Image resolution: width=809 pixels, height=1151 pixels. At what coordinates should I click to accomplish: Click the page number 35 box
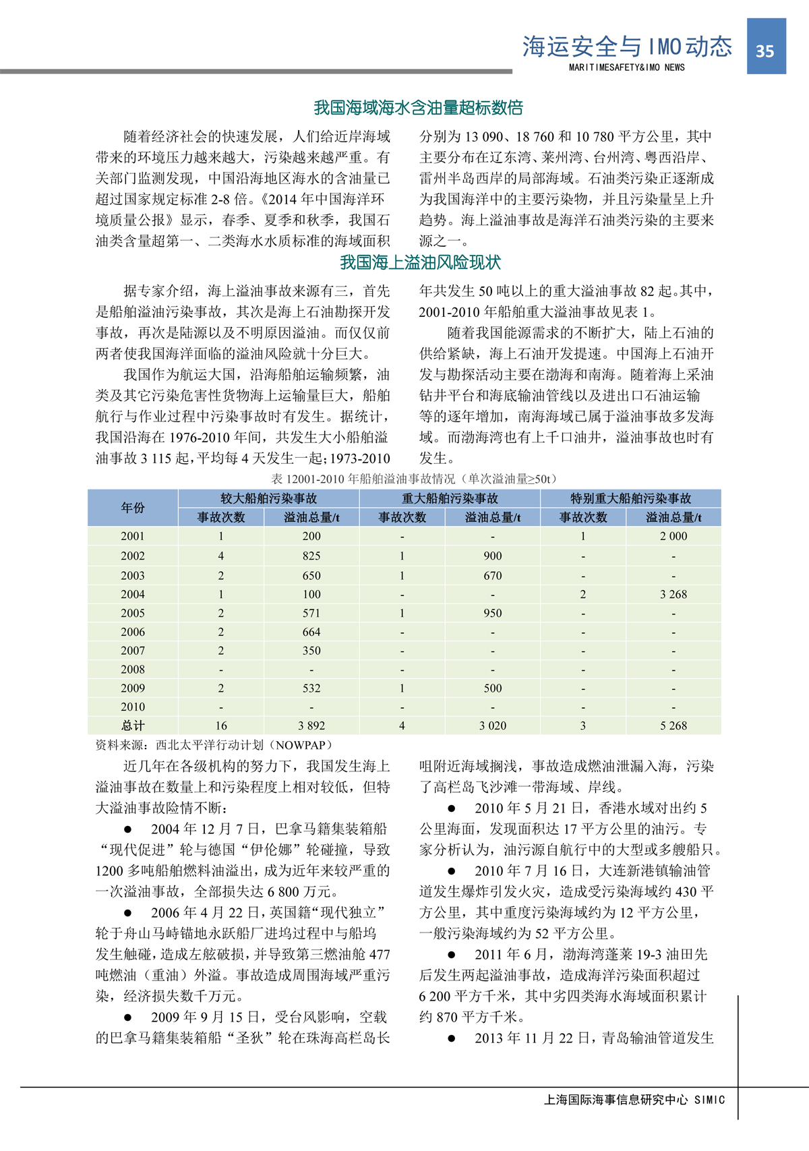(x=766, y=47)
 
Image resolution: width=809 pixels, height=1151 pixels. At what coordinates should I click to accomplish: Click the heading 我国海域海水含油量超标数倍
(x=418, y=108)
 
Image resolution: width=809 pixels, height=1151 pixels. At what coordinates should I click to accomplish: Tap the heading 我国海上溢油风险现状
(x=420, y=262)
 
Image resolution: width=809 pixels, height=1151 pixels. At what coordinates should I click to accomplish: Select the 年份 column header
(x=133, y=508)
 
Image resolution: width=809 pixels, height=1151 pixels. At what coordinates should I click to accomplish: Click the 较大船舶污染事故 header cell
(x=268, y=498)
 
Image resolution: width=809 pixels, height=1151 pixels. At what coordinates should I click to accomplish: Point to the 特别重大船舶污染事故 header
(x=630, y=498)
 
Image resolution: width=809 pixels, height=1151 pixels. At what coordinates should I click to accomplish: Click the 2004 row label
(x=133, y=594)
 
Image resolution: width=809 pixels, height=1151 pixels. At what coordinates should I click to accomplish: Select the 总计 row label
(x=133, y=726)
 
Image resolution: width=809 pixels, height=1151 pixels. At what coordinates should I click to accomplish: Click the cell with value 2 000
(x=673, y=536)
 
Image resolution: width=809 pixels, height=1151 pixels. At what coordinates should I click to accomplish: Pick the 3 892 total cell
(x=311, y=726)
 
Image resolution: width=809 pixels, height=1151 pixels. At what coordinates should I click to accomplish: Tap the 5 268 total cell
(x=673, y=726)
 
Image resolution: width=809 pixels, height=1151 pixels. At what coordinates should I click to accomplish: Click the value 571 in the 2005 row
(x=311, y=613)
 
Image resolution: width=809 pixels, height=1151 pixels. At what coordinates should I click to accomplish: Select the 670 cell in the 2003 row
(x=493, y=575)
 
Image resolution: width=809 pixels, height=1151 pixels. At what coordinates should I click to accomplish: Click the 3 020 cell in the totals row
(x=493, y=726)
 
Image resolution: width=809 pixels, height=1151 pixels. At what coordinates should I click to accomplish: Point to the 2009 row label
(x=133, y=688)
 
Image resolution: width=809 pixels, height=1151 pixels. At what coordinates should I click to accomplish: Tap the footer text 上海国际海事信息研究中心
(x=616, y=1100)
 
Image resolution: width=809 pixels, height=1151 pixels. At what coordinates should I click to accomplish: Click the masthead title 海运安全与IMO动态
(x=627, y=47)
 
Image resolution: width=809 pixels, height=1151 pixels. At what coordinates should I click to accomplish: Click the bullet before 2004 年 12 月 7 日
(x=128, y=829)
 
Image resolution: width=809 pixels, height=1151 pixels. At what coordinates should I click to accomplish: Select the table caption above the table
(x=415, y=479)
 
